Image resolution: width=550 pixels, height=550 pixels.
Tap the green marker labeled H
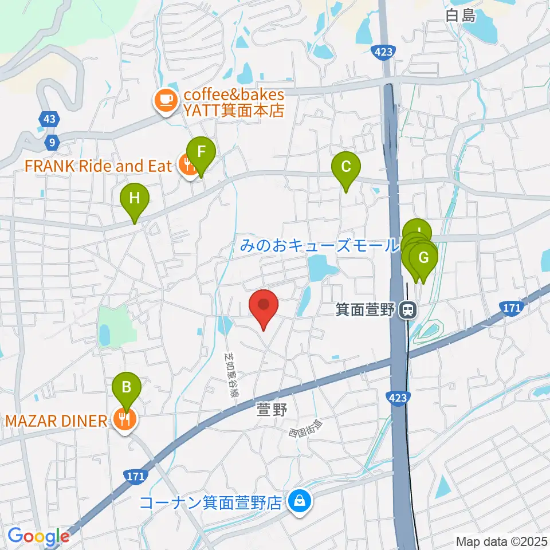click(x=134, y=199)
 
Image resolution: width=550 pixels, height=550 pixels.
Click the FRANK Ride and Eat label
click(x=98, y=166)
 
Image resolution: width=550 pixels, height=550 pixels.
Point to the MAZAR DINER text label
click(x=56, y=422)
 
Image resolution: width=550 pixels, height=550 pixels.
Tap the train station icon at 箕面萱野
click(x=408, y=310)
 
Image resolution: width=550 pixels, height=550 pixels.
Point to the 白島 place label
click(x=461, y=15)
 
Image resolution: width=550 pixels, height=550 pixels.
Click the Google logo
click(x=38, y=536)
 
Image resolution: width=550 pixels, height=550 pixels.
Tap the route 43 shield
click(x=49, y=119)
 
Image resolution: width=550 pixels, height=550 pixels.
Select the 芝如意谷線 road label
click(x=231, y=375)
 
